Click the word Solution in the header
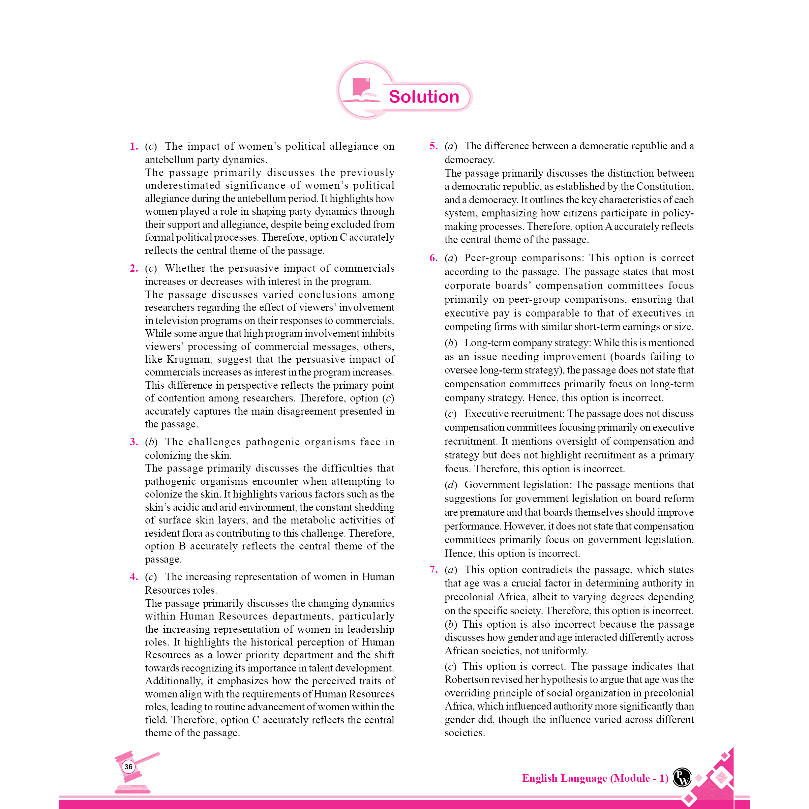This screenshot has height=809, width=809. tap(423, 97)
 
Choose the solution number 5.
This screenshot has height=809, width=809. tap(433, 146)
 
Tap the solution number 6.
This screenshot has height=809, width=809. tap(433, 258)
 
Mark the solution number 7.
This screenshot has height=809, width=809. tap(433, 569)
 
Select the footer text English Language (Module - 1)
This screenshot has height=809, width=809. tap(595, 778)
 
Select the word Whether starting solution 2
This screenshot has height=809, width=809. tap(185, 268)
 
